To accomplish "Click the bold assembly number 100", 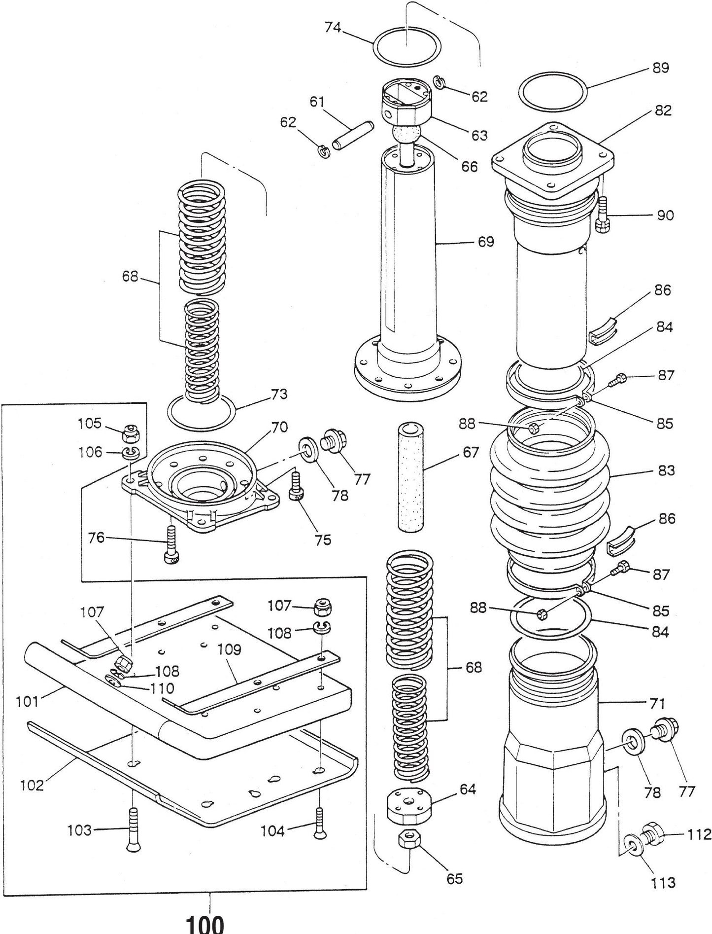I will [204, 923].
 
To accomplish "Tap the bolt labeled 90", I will [603, 214].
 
